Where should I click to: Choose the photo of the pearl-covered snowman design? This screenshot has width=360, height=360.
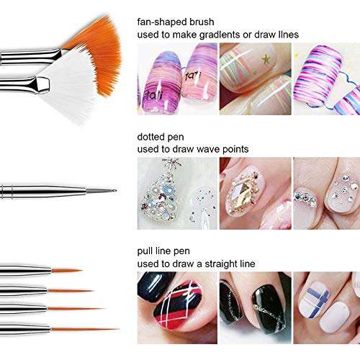(x=176, y=193)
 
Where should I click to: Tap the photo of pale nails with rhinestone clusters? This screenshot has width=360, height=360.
(x=328, y=193)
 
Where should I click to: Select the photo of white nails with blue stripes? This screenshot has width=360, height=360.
(x=328, y=306)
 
